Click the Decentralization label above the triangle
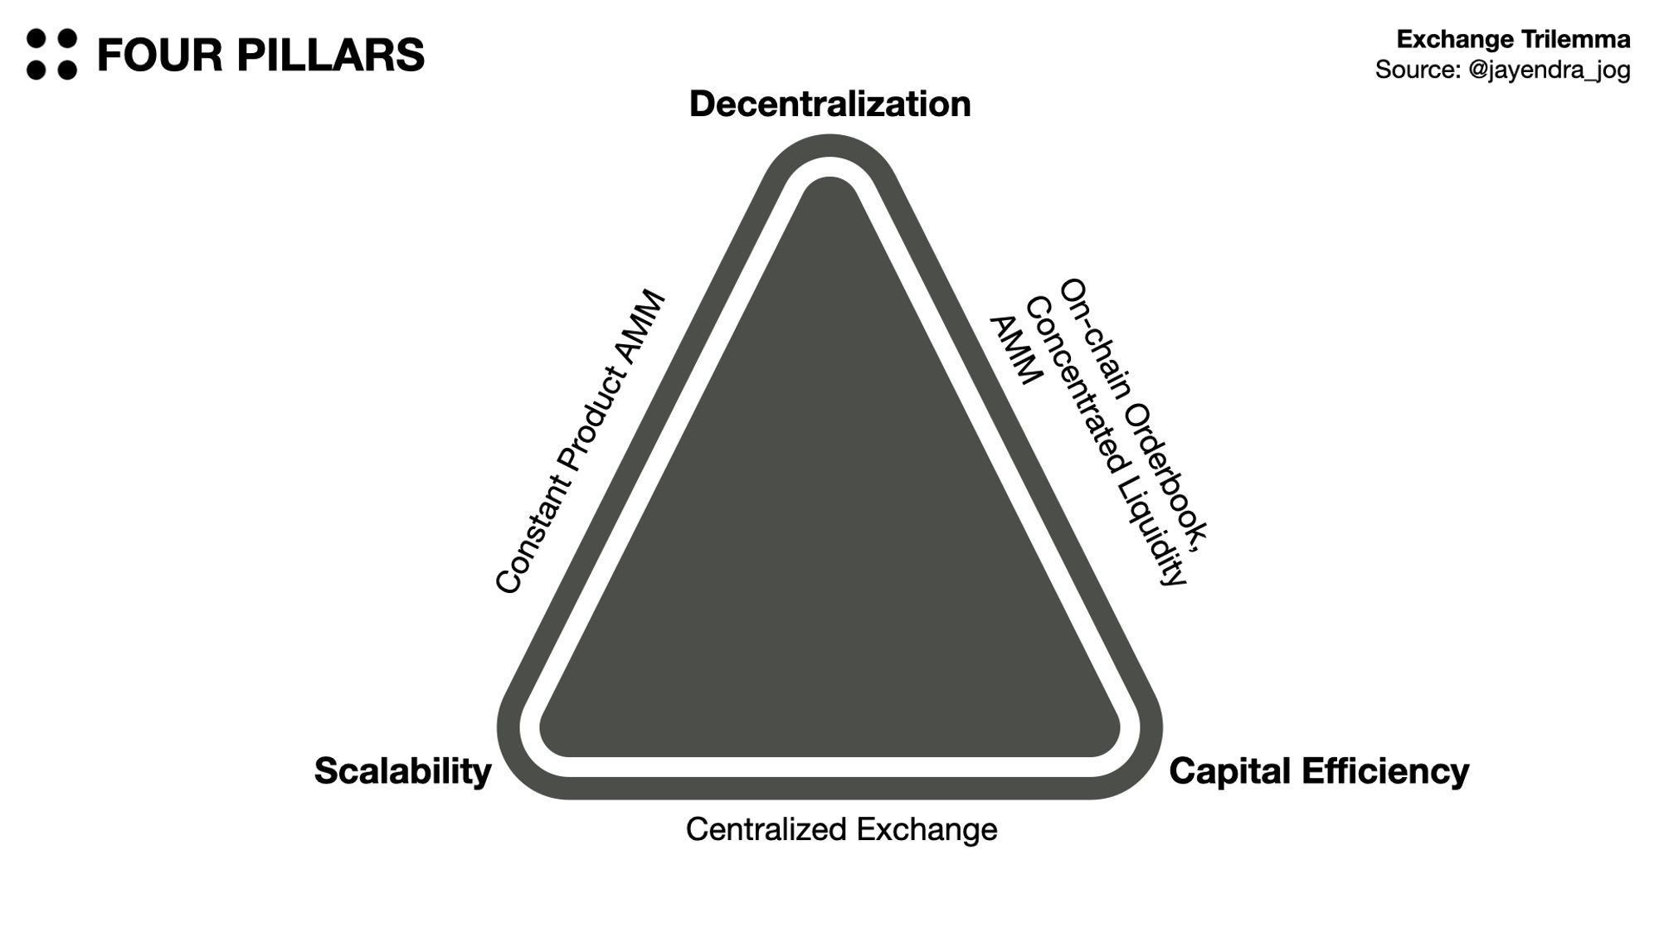tap(829, 104)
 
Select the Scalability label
tap(402, 771)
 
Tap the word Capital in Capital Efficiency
tap(1230, 771)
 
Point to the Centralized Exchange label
tap(841, 829)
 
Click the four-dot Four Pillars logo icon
tap(51, 55)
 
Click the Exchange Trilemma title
tap(1513, 39)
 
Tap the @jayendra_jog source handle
tap(1549, 70)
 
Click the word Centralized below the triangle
tap(766, 829)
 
